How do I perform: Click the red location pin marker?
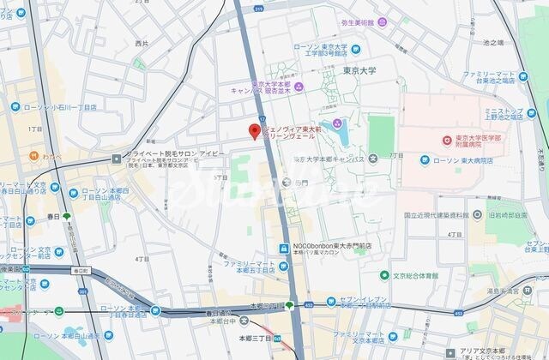coord(254,131)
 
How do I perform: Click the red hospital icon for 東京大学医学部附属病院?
coord(446,140)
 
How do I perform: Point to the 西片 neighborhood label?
coord(142,43)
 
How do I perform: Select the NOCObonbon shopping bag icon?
coord(283,249)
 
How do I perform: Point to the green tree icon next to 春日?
coord(66,217)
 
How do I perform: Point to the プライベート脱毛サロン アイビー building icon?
coord(117,159)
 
